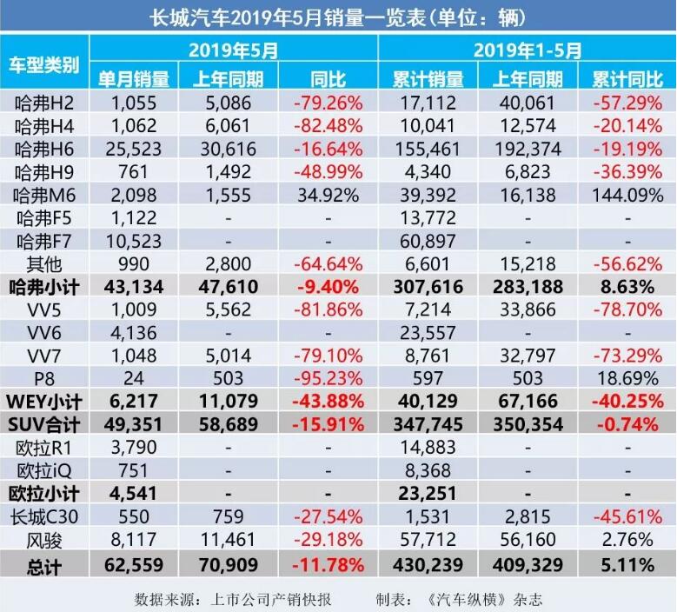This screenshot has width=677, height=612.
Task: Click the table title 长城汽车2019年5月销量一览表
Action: click(x=337, y=17)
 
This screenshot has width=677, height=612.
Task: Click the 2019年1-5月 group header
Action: click(x=527, y=50)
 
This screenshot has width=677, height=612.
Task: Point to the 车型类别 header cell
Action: click(x=43, y=65)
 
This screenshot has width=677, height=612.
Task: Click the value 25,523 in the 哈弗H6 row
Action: click(x=132, y=149)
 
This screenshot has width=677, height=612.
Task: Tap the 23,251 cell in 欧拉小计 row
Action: click(x=427, y=495)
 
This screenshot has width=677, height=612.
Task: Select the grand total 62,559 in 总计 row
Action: click(x=132, y=565)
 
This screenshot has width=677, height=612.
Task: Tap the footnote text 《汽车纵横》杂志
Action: click(x=488, y=598)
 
